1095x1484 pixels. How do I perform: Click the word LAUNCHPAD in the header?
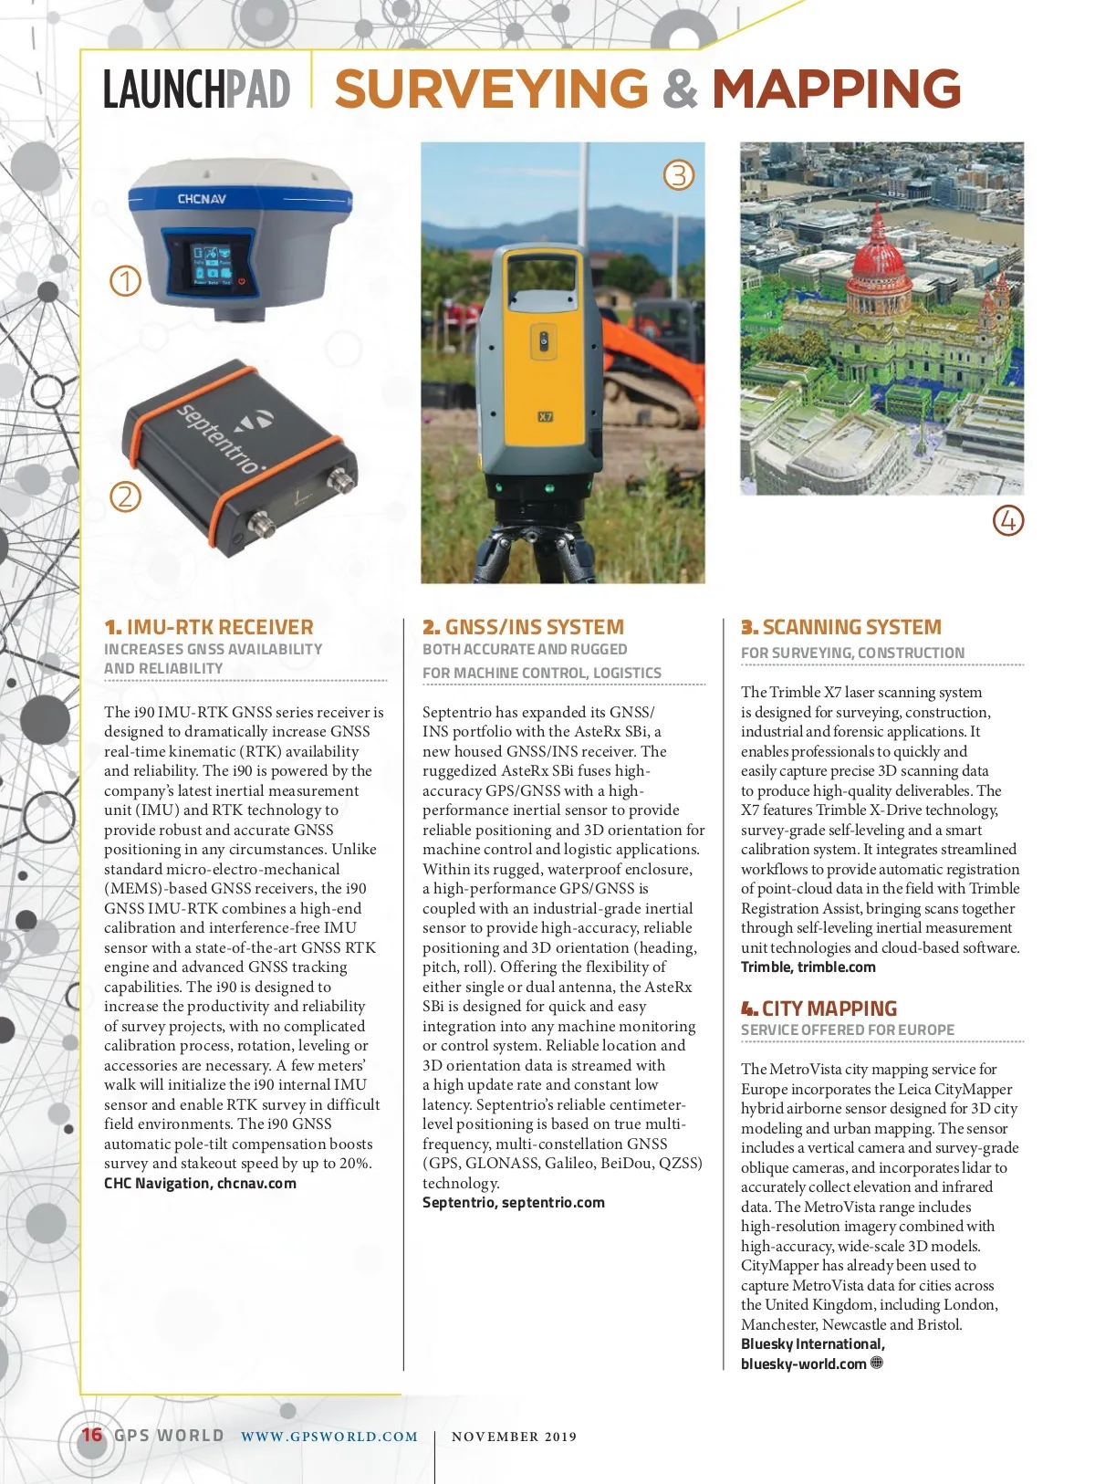196,89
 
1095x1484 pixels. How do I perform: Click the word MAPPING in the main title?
836,89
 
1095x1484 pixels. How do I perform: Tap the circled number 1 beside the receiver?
126,280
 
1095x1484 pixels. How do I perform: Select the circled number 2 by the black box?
126,496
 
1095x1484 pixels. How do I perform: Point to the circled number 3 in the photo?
678,174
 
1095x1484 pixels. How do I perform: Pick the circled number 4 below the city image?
1007,521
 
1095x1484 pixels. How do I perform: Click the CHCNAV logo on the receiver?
202,198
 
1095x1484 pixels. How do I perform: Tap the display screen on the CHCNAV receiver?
211,265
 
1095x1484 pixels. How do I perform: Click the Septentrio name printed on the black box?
218,437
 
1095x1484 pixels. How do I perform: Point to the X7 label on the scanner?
545,417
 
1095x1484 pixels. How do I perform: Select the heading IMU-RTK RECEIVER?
219,627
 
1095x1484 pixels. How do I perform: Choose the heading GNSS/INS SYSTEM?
534,627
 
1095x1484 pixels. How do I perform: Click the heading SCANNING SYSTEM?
851,627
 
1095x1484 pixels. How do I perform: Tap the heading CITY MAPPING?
829,1008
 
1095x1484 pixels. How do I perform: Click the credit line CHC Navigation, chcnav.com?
200,1184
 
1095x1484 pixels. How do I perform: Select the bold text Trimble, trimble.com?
808,967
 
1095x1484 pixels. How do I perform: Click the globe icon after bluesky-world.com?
877,1363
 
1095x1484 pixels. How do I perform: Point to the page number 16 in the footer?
92,1435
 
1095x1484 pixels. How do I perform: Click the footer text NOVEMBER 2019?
515,1437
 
